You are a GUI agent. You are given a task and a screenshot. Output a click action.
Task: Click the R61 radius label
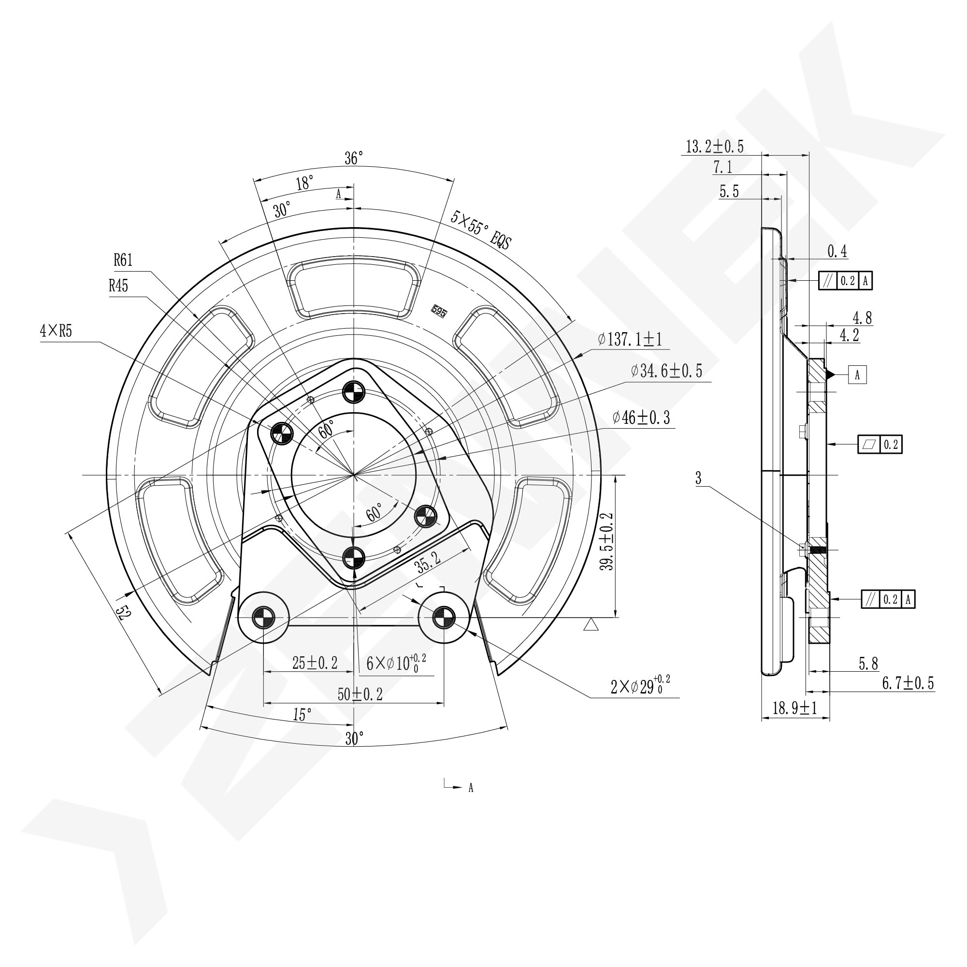click(123, 260)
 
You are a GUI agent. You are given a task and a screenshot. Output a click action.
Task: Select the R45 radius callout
click(118, 286)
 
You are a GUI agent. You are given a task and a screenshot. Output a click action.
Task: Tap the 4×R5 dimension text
click(56, 332)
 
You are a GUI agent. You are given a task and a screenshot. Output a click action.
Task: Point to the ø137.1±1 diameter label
click(630, 339)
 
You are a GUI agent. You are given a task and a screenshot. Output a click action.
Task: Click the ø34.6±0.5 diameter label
click(667, 371)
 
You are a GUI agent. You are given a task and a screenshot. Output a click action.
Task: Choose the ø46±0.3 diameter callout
click(641, 417)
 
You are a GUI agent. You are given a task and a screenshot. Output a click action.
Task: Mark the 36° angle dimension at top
click(353, 158)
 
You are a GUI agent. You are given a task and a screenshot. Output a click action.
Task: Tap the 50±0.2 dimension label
click(360, 694)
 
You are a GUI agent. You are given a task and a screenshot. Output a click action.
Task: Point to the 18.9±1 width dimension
click(795, 707)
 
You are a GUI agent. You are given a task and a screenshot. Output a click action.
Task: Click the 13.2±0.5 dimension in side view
click(715, 146)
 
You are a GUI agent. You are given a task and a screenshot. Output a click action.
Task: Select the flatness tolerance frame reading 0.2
click(880, 445)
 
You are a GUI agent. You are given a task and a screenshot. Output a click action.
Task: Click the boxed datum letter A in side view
click(857, 375)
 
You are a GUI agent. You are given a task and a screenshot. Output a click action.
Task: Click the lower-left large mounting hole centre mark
click(264, 618)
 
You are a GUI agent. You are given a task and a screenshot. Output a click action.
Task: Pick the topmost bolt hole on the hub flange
click(354, 391)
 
